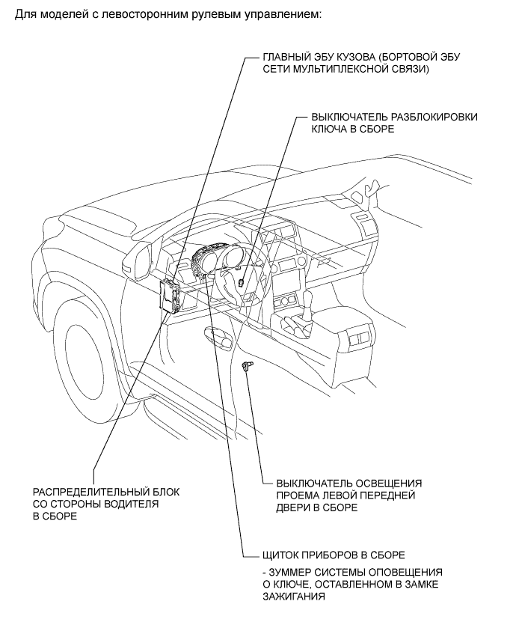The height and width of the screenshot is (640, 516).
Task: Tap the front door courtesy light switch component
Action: (x=247, y=365)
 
